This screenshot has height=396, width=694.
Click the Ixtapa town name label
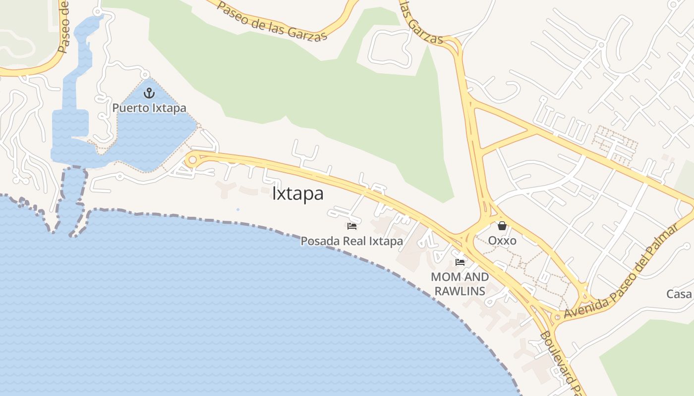[298, 194]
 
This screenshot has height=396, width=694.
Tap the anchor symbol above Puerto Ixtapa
[149, 93]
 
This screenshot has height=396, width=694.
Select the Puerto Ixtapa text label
[149, 107]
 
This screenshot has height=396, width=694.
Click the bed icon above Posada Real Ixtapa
[352, 226]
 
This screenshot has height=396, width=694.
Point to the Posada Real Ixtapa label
[352, 241]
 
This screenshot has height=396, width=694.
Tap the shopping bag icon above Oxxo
[502, 226]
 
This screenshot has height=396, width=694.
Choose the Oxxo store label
[502, 241]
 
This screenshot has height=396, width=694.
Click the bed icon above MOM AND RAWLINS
[460, 262]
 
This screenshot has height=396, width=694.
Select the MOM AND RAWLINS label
[460, 284]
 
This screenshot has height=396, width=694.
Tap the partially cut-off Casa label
[679, 294]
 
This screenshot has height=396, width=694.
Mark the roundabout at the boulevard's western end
[192, 160]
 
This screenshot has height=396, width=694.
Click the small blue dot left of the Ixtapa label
[238, 209]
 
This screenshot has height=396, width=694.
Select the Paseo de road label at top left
[64, 27]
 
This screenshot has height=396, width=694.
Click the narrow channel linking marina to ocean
[72, 198]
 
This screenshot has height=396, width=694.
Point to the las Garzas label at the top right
[421, 22]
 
